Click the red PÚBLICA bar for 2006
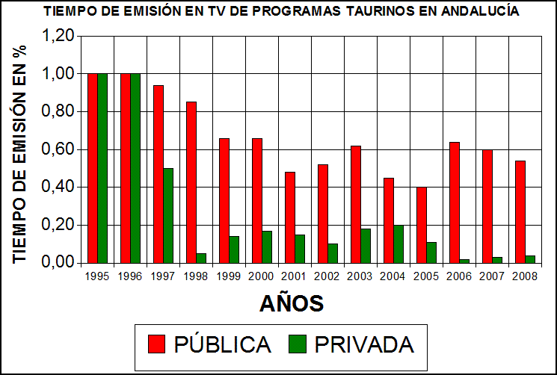[454, 202]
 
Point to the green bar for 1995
[102, 168]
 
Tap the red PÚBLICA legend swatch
[157, 344]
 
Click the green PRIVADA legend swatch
[298, 344]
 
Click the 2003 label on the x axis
[360, 276]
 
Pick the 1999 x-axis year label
[229, 276]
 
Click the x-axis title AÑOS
[292, 303]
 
